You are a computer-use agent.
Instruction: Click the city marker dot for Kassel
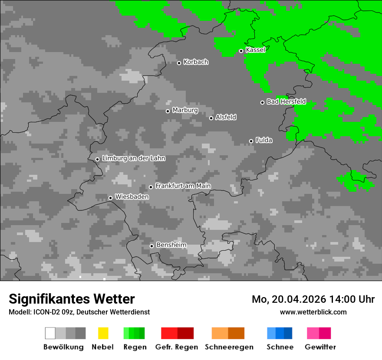(x=241, y=51)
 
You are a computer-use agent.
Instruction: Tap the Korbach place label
(x=196, y=62)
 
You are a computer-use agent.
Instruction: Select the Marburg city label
(x=185, y=110)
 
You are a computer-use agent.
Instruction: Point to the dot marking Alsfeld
(x=211, y=118)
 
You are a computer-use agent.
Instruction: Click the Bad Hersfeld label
(x=286, y=102)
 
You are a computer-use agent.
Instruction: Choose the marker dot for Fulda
(x=251, y=141)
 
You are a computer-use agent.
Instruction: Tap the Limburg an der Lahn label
(x=133, y=158)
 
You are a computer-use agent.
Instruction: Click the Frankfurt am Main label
(x=183, y=186)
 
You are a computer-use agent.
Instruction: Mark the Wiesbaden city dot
(x=110, y=198)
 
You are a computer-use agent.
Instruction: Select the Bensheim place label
(x=171, y=245)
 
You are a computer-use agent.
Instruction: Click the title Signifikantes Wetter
(x=72, y=299)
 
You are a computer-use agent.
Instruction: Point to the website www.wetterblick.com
(x=313, y=312)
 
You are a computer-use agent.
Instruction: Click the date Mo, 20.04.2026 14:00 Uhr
(x=313, y=299)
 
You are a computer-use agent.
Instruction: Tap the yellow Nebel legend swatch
(x=103, y=333)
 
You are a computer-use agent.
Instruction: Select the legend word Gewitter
(x=320, y=347)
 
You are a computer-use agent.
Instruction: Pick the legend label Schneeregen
(x=229, y=347)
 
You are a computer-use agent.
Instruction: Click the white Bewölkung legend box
(x=50, y=333)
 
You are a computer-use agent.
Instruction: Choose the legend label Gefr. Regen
(x=176, y=347)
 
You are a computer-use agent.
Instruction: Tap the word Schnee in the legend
(x=280, y=347)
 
